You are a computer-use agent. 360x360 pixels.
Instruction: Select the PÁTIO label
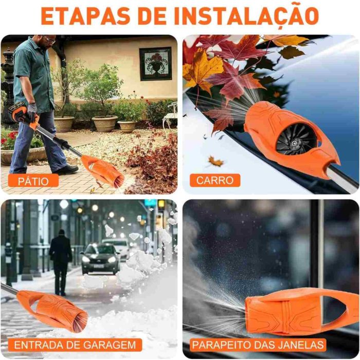(x=33, y=181)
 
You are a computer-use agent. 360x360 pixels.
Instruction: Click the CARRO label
(x=215, y=181)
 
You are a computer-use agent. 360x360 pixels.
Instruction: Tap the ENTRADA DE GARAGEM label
(x=75, y=345)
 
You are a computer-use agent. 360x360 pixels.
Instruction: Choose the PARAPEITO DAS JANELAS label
(x=258, y=345)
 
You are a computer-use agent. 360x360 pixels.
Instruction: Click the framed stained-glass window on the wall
(x=156, y=64)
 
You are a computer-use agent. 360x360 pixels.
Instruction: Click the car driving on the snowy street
(x=100, y=259)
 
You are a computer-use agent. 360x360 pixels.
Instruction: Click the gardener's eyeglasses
(x=49, y=40)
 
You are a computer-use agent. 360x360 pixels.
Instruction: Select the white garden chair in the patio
(x=170, y=118)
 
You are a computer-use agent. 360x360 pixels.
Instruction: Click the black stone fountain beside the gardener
(x=7, y=85)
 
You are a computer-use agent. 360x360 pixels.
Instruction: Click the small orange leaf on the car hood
(x=216, y=161)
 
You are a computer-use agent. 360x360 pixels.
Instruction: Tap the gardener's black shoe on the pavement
(x=66, y=170)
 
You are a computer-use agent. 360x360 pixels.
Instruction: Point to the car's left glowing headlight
(x=86, y=259)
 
